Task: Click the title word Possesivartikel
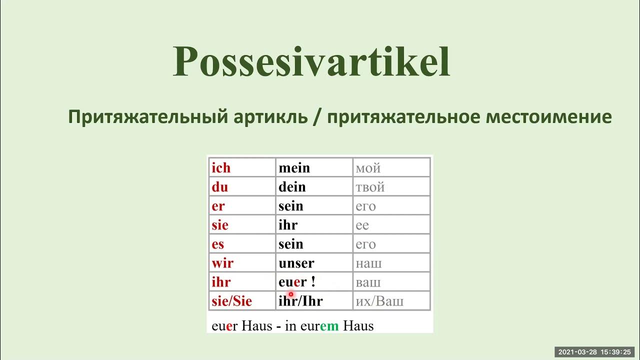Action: click(311, 62)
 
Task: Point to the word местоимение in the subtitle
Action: click(548, 117)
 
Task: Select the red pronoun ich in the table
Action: click(221, 168)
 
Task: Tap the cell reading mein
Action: click(294, 168)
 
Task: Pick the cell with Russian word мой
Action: click(368, 168)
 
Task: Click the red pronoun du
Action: click(219, 187)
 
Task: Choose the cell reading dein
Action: click(292, 187)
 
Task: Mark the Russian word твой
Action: click(370, 187)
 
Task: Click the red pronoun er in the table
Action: click(218, 206)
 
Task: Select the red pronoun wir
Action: click(222, 263)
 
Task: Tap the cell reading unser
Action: click(296, 263)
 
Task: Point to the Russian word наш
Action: click(368, 263)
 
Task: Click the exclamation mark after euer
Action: click(313, 281)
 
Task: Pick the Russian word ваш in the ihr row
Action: click(368, 282)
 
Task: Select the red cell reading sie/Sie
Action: click(231, 301)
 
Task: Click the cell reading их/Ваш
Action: click(379, 301)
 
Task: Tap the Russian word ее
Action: click(362, 225)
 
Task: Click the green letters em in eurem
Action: click(329, 326)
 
